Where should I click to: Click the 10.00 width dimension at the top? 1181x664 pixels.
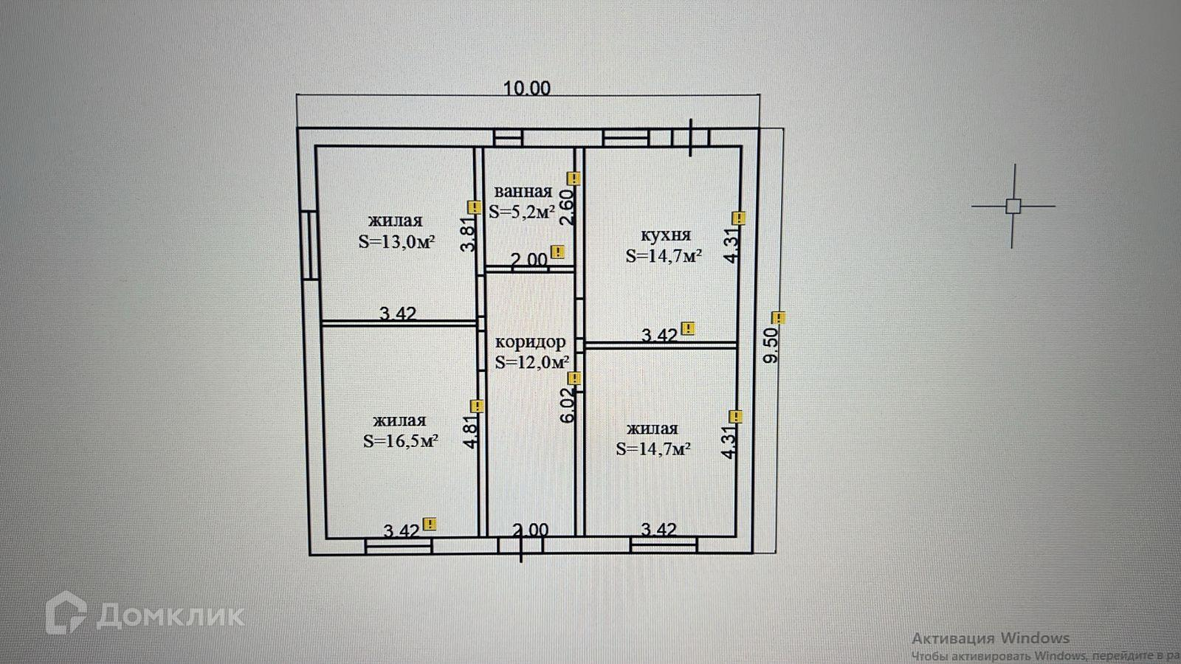click(526, 88)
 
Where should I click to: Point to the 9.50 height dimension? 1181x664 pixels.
click(771, 345)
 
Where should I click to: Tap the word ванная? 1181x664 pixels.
click(523, 191)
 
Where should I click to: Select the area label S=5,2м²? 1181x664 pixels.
click(521, 212)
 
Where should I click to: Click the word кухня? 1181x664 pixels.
click(665, 235)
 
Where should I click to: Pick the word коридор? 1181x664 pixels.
click(531, 342)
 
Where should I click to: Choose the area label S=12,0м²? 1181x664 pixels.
click(532, 362)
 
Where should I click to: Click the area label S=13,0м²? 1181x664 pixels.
click(396, 242)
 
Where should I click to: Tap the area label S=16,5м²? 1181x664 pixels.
click(401, 441)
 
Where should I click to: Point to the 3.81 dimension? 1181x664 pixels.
click(468, 235)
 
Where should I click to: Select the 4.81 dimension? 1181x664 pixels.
click(472, 430)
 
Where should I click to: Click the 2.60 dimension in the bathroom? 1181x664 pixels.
click(567, 207)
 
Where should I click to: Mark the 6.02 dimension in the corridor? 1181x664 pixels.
click(567, 406)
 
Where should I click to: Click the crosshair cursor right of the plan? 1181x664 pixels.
click(1013, 206)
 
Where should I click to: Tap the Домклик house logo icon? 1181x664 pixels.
click(66, 612)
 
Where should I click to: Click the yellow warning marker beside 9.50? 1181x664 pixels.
click(779, 318)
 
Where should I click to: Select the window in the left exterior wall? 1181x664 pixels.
click(311, 244)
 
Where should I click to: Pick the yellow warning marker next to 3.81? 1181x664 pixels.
click(474, 207)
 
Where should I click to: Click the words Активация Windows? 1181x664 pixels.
click(991, 638)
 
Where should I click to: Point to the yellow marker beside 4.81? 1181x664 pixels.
click(477, 406)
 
